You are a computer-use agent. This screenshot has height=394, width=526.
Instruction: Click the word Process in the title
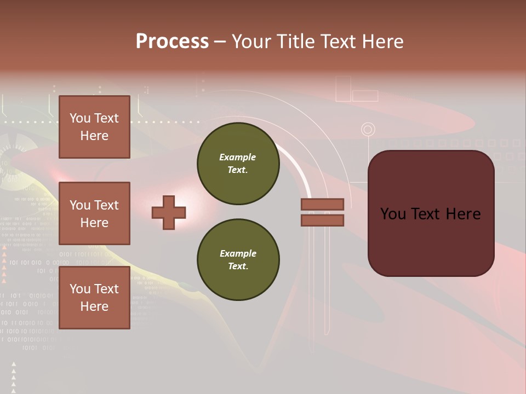click(172, 42)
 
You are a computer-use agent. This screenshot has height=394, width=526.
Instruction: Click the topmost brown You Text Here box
click(94, 127)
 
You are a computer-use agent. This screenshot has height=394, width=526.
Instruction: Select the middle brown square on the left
click(94, 213)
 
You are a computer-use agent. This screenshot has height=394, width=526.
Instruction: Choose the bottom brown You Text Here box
click(94, 298)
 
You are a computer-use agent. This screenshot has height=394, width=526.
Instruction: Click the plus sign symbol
click(169, 212)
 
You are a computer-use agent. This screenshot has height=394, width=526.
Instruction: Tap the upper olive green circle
click(238, 164)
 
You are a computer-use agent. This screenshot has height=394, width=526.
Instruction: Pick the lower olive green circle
click(238, 260)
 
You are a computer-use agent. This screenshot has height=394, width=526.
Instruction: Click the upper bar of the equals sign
click(322, 204)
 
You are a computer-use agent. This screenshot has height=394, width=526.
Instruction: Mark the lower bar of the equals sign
click(322, 220)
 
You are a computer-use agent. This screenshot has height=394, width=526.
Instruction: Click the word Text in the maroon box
click(430, 214)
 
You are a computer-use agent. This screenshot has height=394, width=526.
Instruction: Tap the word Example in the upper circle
click(238, 157)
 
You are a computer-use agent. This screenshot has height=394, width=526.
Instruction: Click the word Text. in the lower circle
click(238, 266)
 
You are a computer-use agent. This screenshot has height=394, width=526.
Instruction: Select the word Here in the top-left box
click(94, 136)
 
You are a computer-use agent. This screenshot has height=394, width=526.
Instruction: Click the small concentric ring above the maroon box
click(368, 130)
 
